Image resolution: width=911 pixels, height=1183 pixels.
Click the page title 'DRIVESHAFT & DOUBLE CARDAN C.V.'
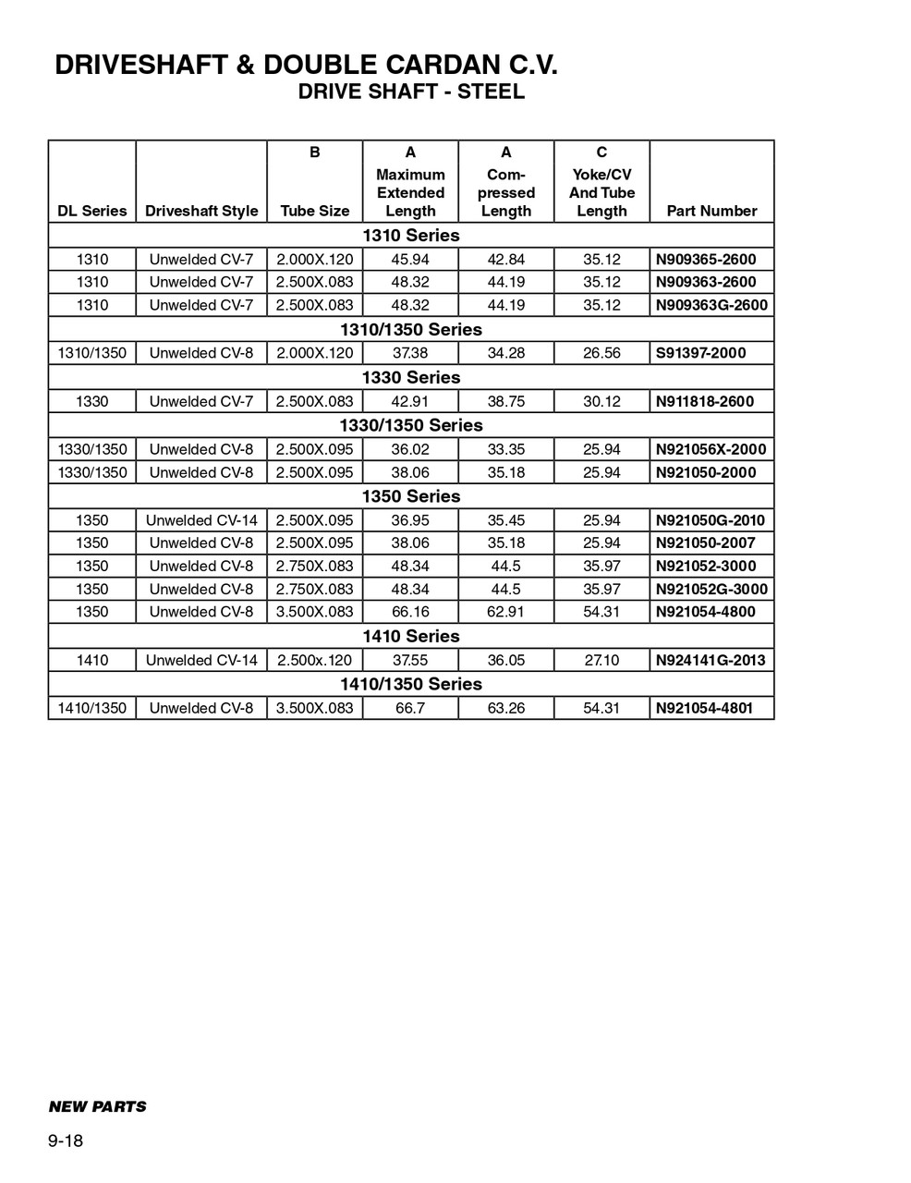(x=306, y=65)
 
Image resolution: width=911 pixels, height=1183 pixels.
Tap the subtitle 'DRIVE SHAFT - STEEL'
(x=411, y=91)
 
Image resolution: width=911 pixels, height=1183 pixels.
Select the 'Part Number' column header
(x=711, y=211)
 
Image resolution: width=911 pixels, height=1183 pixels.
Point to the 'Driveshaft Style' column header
(x=201, y=211)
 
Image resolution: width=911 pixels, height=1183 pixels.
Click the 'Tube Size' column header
(x=315, y=211)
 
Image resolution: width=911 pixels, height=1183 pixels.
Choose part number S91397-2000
(x=700, y=353)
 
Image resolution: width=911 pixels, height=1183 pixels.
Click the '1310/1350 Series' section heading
(x=411, y=329)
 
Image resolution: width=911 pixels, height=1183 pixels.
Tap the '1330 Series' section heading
(x=411, y=377)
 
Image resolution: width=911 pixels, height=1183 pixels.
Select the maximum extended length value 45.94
(x=410, y=260)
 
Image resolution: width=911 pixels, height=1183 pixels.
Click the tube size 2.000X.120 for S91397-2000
(x=315, y=353)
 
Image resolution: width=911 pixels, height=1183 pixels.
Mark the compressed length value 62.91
(x=506, y=612)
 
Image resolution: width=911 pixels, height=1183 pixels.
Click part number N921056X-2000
(x=711, y=449)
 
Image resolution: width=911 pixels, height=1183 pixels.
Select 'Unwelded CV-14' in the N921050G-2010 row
(x=201, y=520)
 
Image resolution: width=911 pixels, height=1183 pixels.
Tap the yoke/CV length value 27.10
(x=601, y=660)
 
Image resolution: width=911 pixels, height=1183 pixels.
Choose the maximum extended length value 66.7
(x=410, y=708)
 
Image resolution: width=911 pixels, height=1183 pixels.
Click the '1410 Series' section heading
(x=411, y=636)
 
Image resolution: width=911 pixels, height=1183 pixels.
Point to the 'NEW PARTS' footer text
(x=97, y=1106)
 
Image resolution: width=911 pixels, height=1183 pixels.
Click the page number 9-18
(x=66, y=1141)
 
